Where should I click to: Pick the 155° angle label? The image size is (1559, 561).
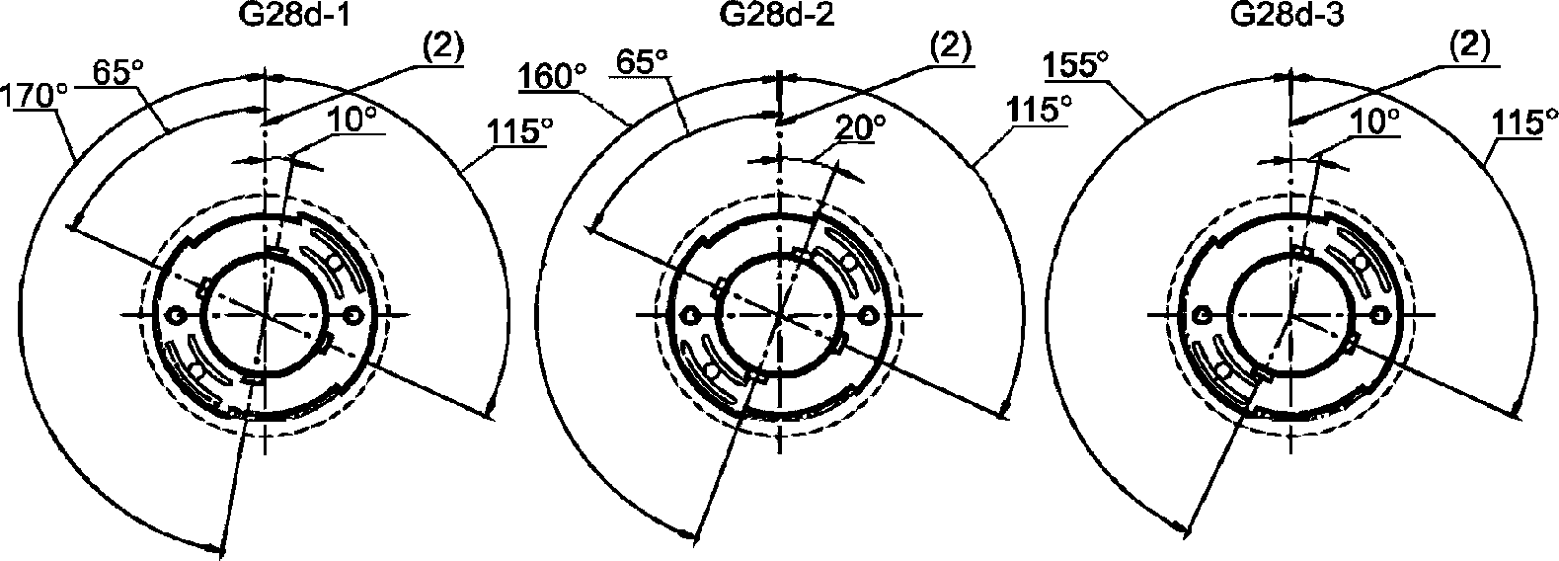pyautogui.click(x=1075, y=65)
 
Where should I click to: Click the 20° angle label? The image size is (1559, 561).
pyautogui.click(x=860, y=127)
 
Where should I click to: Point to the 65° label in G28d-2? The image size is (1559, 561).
pyautogui.click(x=642, y=62)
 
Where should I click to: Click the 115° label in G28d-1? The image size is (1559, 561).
pyautogui.click(x=520, y=130)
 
